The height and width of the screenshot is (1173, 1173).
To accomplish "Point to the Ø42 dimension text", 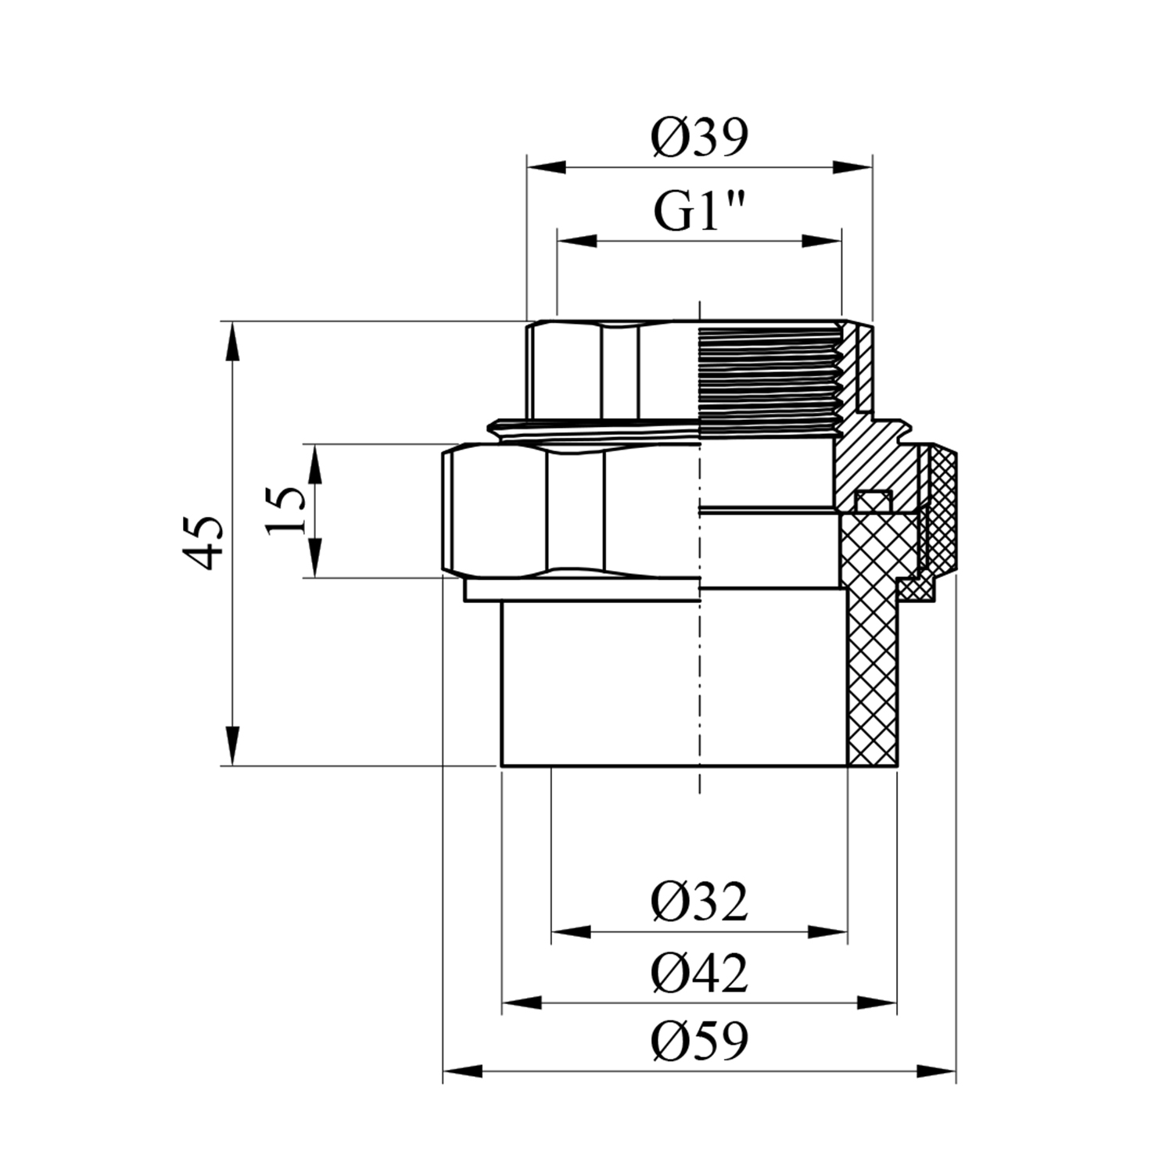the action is pyautogui.click(x=699, y=974).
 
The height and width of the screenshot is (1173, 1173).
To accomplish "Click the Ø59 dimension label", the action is pyautogui.click(x=699, y=1041).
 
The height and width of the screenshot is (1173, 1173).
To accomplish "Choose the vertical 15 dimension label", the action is pyautogui.click(x=286, y=510).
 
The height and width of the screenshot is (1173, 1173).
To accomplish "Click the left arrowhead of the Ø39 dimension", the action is pyautogui.click(x=547, y=167).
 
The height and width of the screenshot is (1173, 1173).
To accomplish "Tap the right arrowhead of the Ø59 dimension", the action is pyautogui.click(x=936, y=1071).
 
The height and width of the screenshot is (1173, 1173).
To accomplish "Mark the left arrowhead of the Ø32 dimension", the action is pyautogui.click(x=571, y=931).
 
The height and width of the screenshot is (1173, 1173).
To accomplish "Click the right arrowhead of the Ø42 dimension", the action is pyautogui.click(x=877, y=1003).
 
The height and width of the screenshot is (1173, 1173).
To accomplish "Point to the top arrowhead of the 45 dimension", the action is pyautogui.click(x=233, y=342).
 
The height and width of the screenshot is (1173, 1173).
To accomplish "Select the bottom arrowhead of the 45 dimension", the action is pyautogui.click(x=233, y=745).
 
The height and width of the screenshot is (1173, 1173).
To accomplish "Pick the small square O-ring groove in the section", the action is pyautogui.click(x=870, y=500).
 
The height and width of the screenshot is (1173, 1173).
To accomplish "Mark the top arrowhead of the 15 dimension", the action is pyautogui.click(x=315, y=465).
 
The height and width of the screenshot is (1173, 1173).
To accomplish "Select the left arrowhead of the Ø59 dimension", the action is pyautogui.click(x=462, y=1071).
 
